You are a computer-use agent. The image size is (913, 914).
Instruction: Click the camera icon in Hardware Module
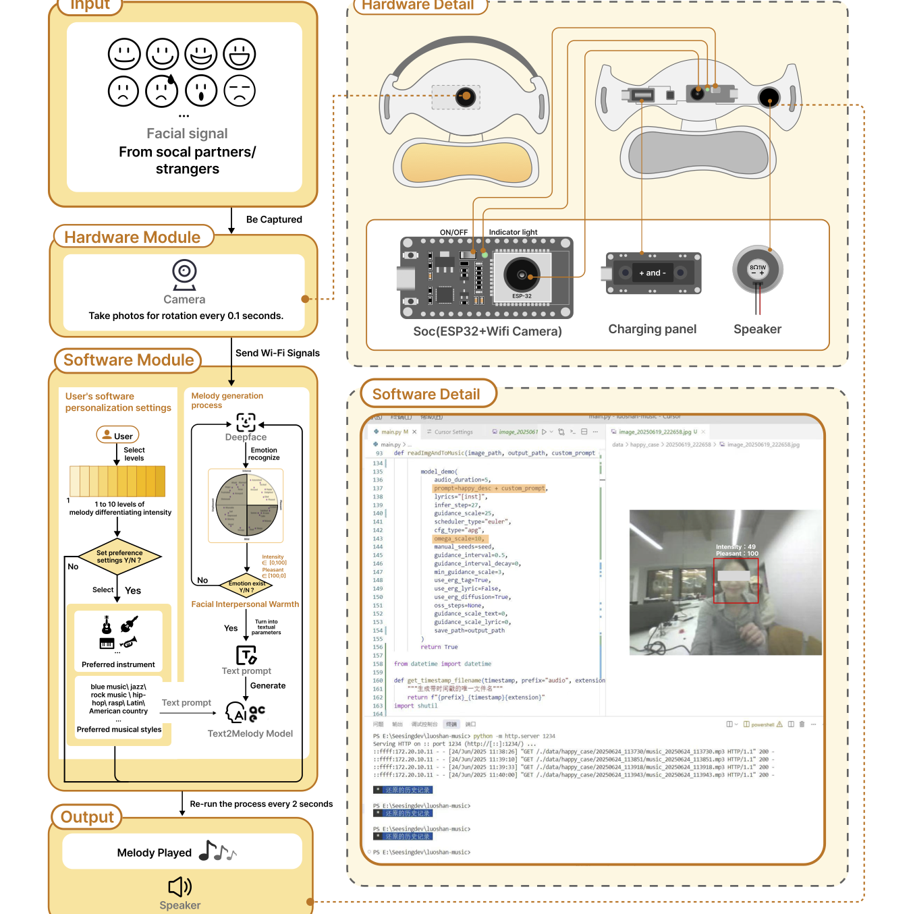click(184, 274)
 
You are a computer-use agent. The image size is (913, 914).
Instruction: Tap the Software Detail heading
click(426, 395)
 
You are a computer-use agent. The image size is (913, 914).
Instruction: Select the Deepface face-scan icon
click(246, 422)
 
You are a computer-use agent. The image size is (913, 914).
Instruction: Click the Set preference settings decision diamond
click(119, 557)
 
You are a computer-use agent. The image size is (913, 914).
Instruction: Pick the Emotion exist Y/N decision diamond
click(246, 586)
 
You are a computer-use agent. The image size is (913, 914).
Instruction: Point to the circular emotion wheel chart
click(246, 506)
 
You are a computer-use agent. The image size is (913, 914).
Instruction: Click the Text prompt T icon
click(246, 655)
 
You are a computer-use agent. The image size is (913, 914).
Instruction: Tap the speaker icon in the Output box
click(179, 886)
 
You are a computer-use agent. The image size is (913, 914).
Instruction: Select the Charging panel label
click(652, 329)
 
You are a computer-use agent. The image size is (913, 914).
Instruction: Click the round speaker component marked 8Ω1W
click(758, 269)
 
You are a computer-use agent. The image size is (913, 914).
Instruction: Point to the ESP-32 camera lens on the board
click(522, 275)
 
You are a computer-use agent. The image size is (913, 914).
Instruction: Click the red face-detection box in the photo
click(736, 581)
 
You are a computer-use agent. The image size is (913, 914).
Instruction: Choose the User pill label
click(118, 436)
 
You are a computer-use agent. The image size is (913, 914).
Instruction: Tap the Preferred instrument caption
click(118, 664)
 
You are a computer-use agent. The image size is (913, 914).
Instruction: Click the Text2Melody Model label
click(250, 734)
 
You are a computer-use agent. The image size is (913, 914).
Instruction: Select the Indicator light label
click(513, 232)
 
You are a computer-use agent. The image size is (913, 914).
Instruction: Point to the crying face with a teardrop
click(162, 91)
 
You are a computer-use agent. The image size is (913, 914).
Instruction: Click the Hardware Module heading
click(132, 237)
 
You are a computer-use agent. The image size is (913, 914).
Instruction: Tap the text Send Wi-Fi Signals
click(277, 353)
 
